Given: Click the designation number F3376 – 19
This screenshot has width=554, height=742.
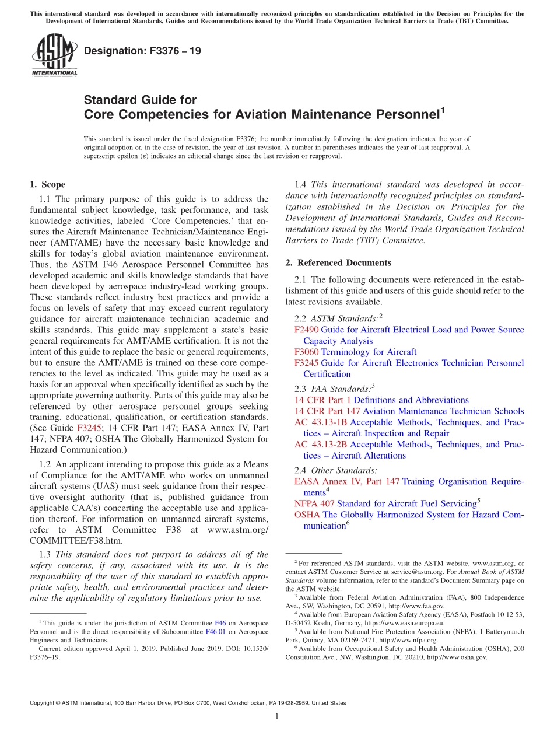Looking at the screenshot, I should click(142, 51).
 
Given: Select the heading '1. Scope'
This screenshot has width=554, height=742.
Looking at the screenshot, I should click(48, 185).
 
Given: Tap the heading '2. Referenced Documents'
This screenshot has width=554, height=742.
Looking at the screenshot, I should click(338, 262).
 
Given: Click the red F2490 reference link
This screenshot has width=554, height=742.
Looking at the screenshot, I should click(307, 330).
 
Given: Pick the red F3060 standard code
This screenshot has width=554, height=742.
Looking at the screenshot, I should click(307, 352).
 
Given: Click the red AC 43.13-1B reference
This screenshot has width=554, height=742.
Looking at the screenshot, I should click(321, 422).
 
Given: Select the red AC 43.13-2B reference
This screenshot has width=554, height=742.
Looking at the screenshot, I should click(321, 444).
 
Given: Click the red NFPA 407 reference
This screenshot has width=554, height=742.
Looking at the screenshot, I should click(314, 503).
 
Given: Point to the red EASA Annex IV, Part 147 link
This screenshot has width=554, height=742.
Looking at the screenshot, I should click(347, 481).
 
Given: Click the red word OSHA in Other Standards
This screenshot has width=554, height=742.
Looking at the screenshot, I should click(307, 514).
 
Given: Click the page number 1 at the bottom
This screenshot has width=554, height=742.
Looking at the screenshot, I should click(277, 717).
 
